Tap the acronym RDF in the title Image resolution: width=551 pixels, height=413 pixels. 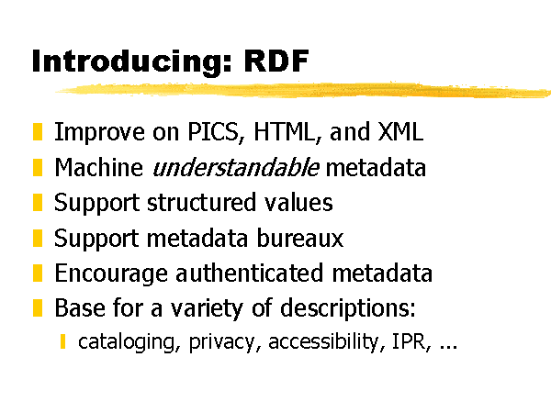[276, 61]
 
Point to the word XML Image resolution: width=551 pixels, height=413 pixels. [400, 131]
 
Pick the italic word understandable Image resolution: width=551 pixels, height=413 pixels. [236, 167]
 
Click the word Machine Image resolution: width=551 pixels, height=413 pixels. [99, 167]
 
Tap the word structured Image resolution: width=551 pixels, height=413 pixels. [201, 202]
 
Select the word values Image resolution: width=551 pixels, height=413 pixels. [298, 202]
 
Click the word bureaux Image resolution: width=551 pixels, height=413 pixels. [299, 238]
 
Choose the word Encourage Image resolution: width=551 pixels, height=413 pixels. [111, 273]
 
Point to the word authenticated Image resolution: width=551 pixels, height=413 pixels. [249, 273]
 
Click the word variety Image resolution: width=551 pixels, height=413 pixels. [207, 309]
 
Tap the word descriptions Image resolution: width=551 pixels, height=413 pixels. [348, 309]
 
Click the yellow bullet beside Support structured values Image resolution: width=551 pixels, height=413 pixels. [38, 202]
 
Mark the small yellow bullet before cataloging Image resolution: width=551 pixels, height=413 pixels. [62, 341]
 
